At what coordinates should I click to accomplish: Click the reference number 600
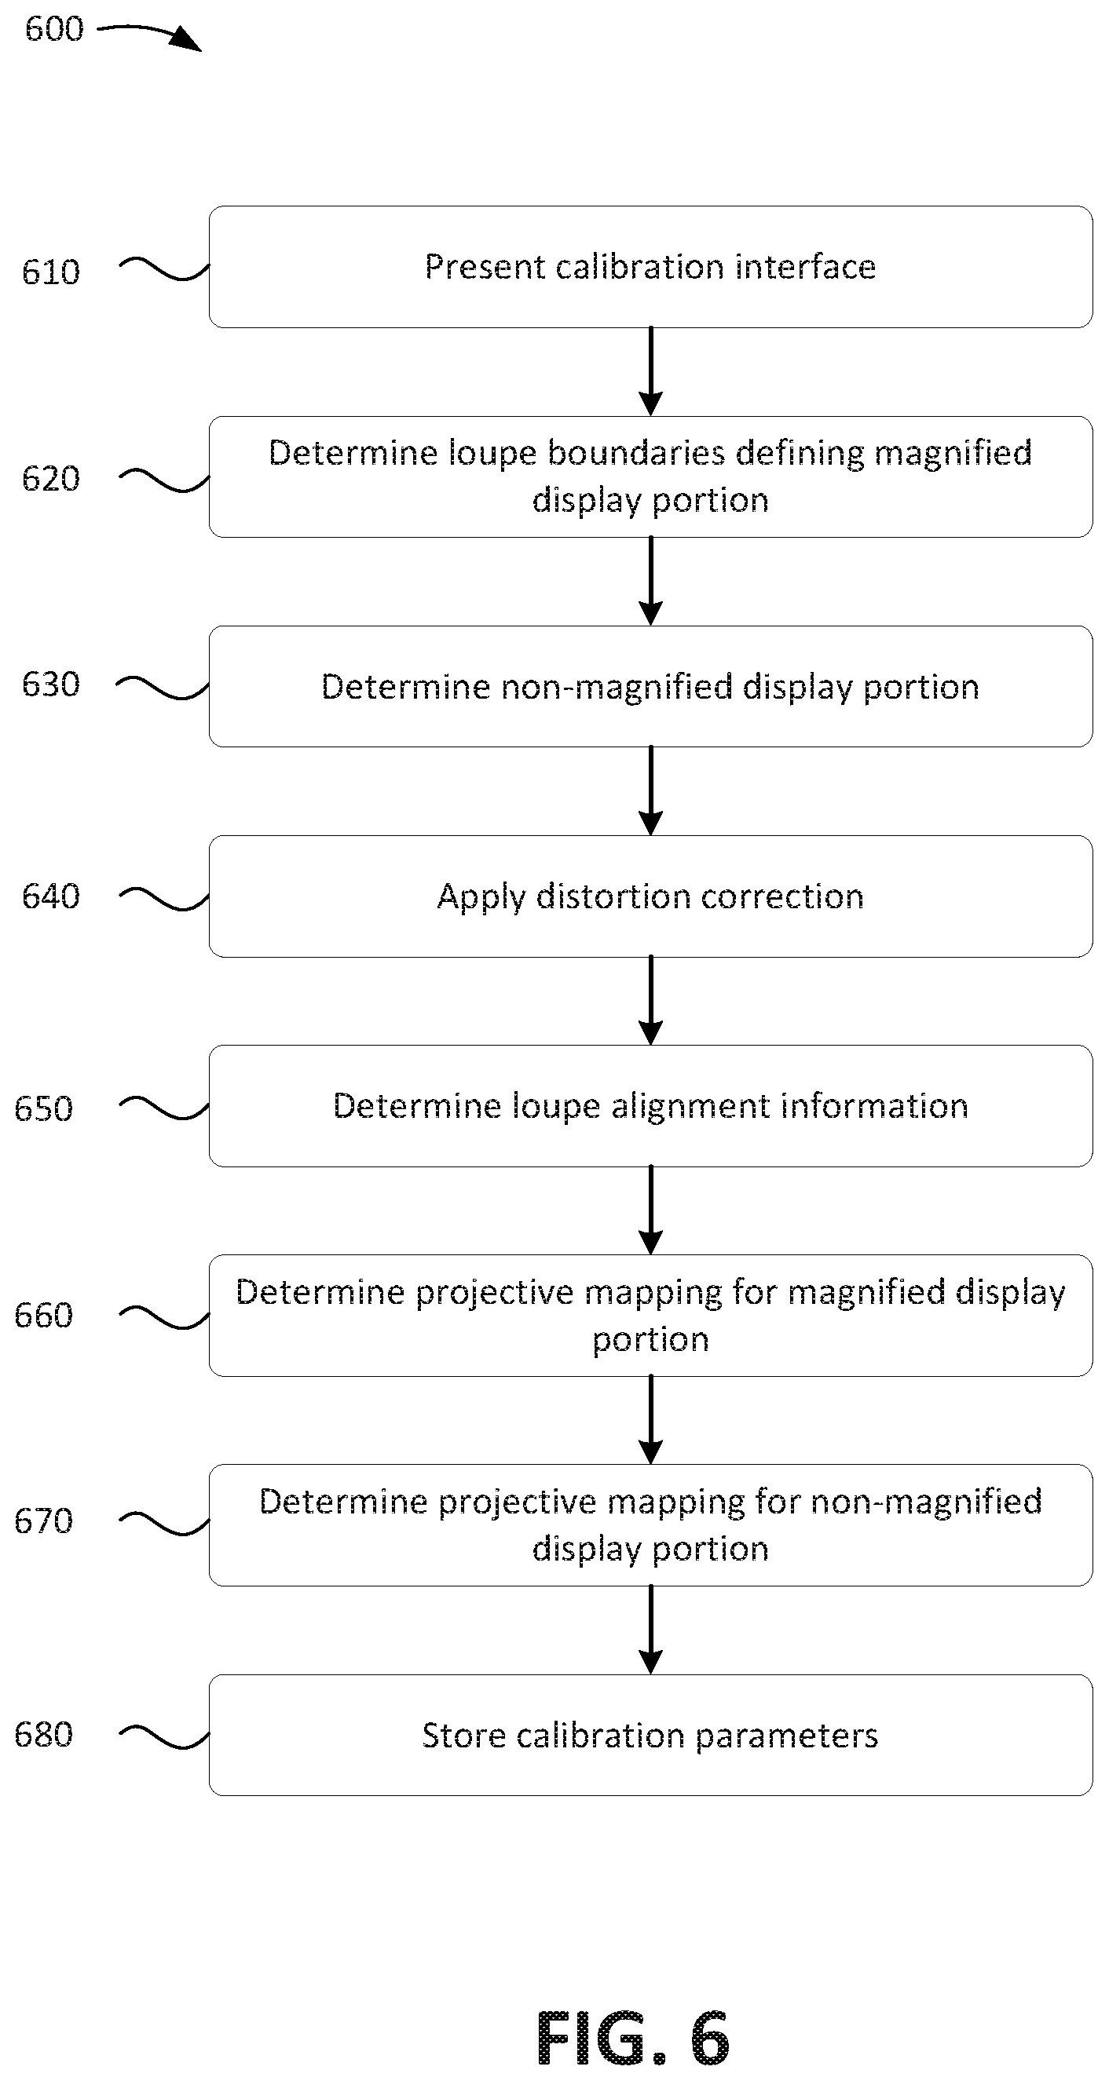tap(54, 29)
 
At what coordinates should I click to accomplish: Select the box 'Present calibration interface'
tap(650, 267)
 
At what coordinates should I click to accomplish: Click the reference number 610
tap(51, 272)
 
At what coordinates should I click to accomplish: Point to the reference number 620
tap(51, 479)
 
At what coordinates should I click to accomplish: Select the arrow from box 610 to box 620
tap(650, 371)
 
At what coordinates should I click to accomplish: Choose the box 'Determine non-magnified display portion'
tap(650, 686)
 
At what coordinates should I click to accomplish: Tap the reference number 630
tap(51, 685)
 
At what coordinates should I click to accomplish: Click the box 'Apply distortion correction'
tap(650, 896)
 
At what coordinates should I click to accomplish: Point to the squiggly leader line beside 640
tap(164, 898)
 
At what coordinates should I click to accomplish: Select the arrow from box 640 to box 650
tap(650, 1001)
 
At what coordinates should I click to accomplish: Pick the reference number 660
tap(44, 1316)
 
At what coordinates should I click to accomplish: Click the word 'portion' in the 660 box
tap(650, 1340)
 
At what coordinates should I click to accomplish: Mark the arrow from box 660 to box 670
tap(650, 1420)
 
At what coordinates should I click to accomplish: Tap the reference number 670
tap(44, 1522)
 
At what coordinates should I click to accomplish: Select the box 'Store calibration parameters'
tap(650, 1736)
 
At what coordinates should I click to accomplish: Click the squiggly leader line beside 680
tap(164, 1737)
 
